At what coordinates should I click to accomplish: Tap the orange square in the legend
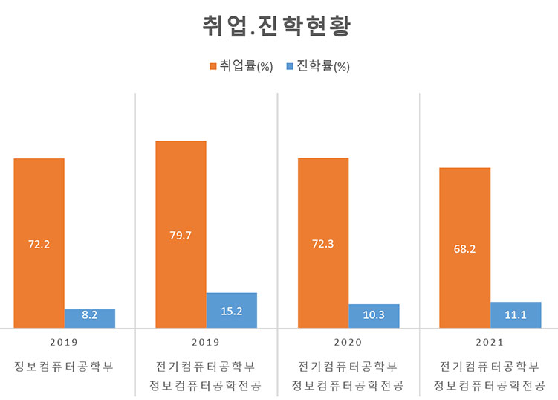213,67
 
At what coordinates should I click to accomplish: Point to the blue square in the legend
290,67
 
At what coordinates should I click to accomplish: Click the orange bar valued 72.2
39,243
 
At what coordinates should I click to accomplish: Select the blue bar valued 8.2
90,318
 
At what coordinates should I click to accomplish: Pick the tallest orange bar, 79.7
181,234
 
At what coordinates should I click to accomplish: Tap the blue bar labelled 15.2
231,310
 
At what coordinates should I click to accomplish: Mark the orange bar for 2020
323,243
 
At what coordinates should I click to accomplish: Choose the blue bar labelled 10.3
374,316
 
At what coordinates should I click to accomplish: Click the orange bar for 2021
465,248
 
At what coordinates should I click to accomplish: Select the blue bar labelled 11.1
516,314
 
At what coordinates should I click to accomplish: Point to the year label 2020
347,343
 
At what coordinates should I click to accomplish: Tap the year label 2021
490,343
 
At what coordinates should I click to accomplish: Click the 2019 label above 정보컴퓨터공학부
63,343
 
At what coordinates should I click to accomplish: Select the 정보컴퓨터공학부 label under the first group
63,366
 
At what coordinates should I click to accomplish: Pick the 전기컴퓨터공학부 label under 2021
490,366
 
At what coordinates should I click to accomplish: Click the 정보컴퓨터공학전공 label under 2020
347,386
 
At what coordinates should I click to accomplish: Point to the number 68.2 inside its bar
464,249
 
